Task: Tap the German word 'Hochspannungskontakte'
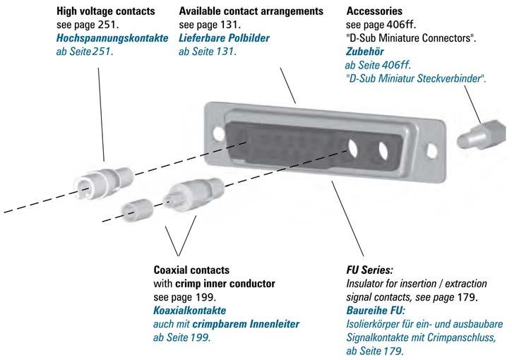coord(112,38)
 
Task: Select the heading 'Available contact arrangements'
coord(251,11)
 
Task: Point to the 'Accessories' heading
coord(375,11)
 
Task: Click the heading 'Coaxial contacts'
coord(191,270)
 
